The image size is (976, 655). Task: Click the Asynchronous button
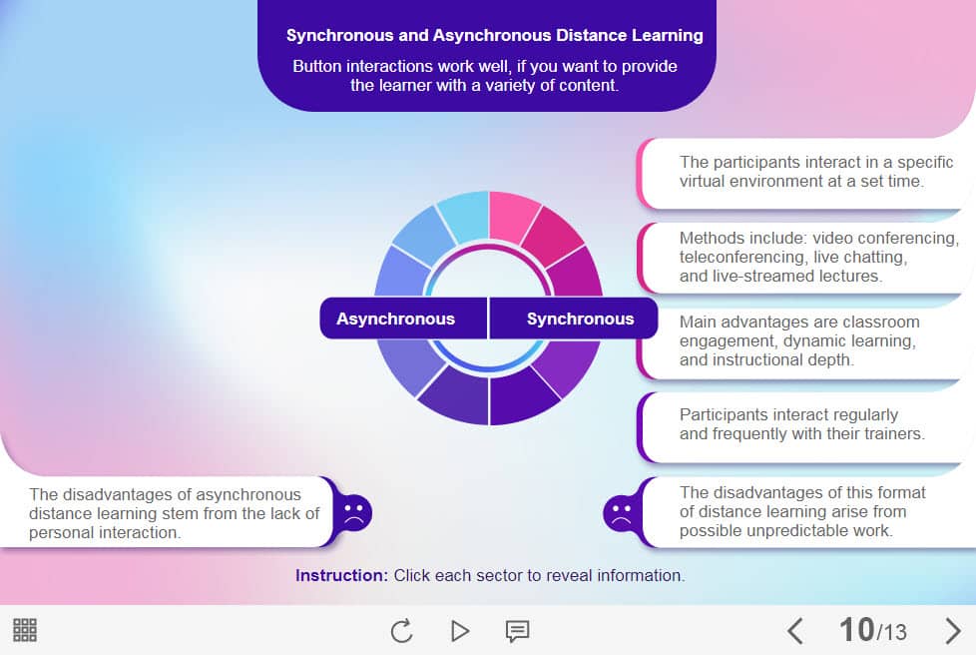[396, 320]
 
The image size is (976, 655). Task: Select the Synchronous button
[579, 320]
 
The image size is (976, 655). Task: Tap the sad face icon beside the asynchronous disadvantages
[353, 513]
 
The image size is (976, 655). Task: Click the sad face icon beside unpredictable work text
[620, 513]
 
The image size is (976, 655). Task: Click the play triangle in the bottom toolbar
[459, 631]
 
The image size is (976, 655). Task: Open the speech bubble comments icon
[517, 631]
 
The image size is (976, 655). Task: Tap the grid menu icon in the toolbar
[25, 630]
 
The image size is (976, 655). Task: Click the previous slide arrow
[795, 631]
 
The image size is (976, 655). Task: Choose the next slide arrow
[952, 631]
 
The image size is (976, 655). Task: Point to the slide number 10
[856, 630]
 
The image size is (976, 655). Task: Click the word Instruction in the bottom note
[341, 576]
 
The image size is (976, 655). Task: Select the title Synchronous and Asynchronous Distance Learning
[494, 36]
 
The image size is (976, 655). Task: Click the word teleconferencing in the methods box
[743, 258]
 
